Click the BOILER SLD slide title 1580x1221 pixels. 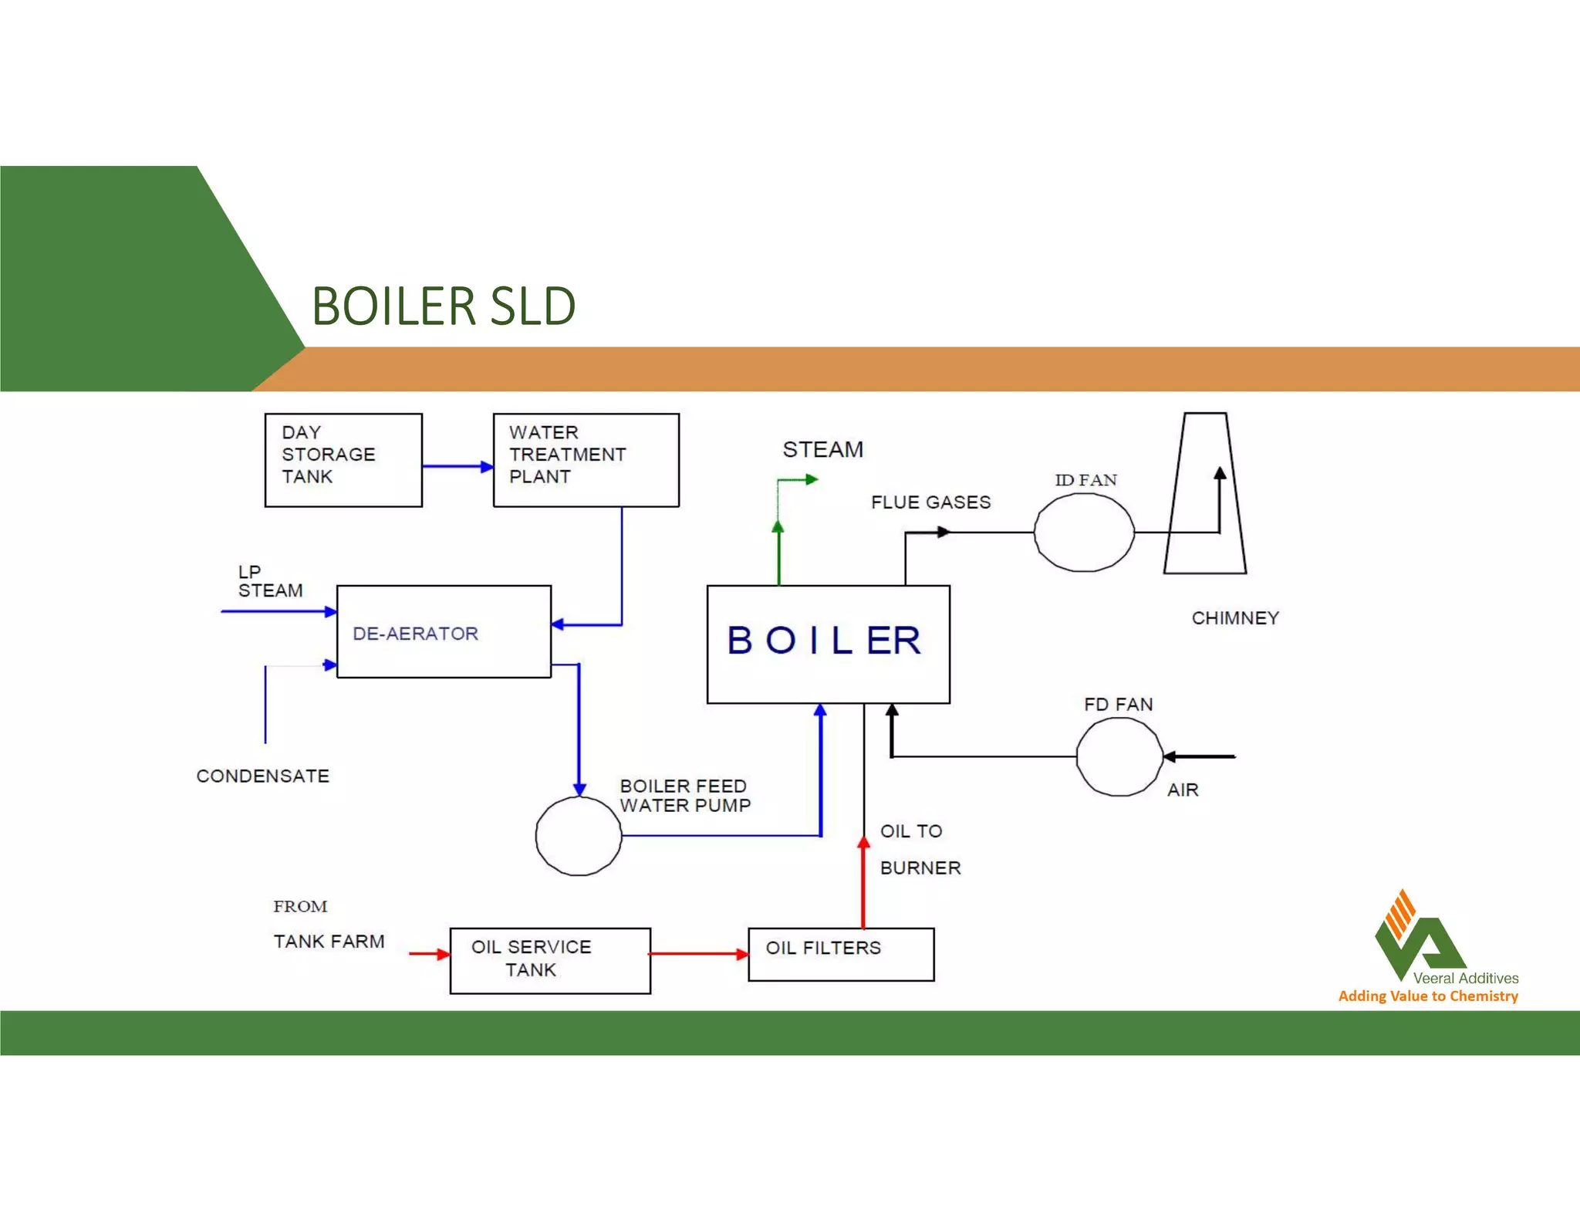coord(444,306)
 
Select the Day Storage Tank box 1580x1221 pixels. coord(343,460)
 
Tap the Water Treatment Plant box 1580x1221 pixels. coord(586,460)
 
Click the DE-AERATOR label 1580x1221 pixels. coord(415,634)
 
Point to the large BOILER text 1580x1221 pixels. coord(825,641)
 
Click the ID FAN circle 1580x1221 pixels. coord(1084,533)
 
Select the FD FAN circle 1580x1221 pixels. coord(1119,757)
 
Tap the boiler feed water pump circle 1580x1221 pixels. coord(578,837)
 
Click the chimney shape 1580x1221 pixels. coord(1204,494)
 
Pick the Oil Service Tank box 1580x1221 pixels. coord(550,960)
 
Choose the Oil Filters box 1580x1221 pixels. coord(841,954)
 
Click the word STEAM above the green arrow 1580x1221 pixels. coord(822,449)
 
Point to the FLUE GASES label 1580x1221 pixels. coord(930,502)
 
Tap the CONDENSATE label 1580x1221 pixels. coord(262,776)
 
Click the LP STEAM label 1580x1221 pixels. coord(269,581)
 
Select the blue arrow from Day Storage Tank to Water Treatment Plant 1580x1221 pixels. coord(457,466)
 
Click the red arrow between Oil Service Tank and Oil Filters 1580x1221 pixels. coord(699,954)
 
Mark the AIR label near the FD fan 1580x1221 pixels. coord(1182,790)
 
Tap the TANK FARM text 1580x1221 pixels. coord(329,942)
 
